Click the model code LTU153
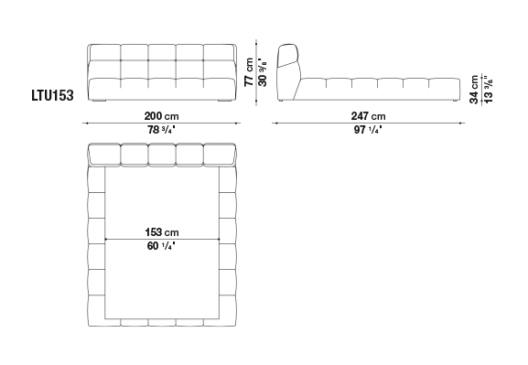tap(52, 95)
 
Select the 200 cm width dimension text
tap(161, 116)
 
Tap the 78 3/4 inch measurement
tap(161, 129)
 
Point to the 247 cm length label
tap(369, 116)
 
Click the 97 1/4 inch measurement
tap(368, 129)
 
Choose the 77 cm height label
tap(249, 72)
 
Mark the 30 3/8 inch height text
tap(263, 72)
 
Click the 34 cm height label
tap(474, 90)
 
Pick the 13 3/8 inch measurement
tap(489, 90)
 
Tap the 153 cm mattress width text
tap(162, 232)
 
